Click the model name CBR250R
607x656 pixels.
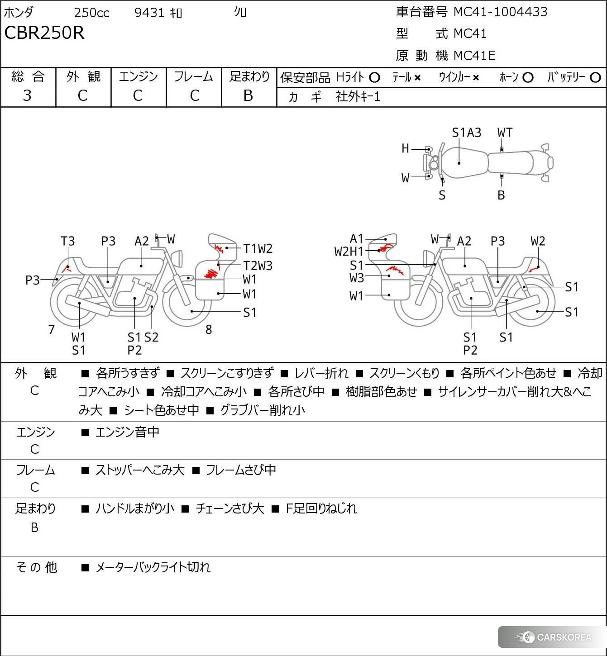44,33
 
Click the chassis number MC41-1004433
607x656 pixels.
500,12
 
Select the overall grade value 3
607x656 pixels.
27,95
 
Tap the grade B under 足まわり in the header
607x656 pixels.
248,95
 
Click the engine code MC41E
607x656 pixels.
474,56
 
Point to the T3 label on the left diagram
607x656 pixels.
68,241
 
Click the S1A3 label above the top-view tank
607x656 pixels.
466,133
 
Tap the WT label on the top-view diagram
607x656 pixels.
505,133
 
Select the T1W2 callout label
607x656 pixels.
258,248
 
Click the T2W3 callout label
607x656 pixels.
258,266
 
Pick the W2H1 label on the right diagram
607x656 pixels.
349,252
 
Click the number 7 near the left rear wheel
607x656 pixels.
52,329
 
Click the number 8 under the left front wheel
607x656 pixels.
209,329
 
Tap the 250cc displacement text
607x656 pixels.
91,13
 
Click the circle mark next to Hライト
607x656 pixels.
374,77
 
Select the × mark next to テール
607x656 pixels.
417,78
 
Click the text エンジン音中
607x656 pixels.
127,433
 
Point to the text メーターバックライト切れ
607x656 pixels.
153,567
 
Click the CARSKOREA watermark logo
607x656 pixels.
554,637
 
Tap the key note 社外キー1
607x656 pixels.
358,96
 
